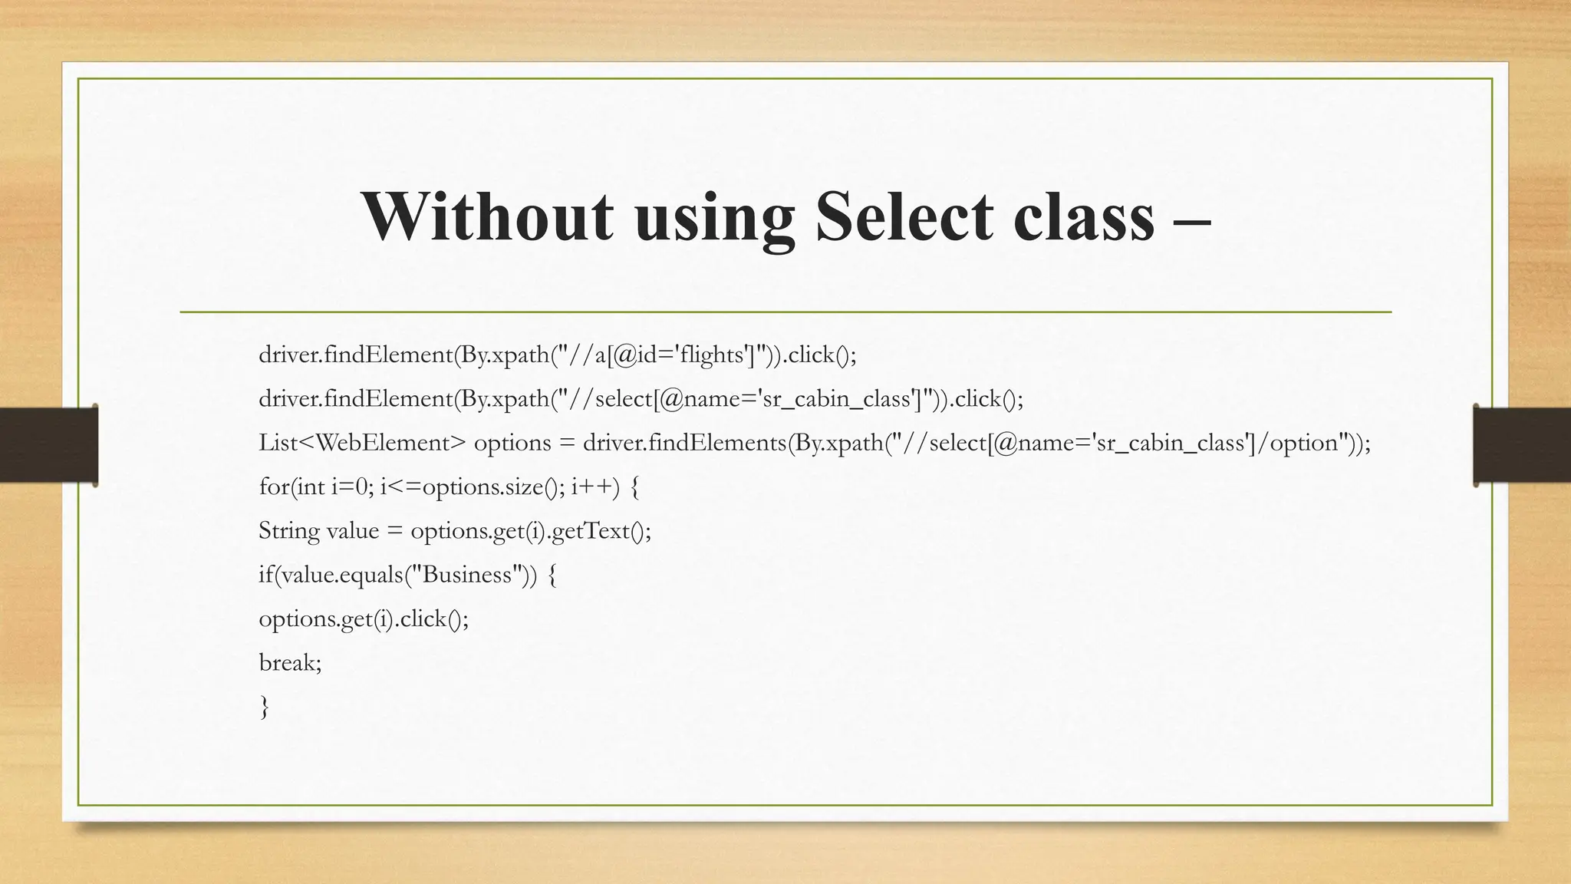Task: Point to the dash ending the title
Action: [x=1192, y=219]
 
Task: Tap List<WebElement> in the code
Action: [x=362, y=443]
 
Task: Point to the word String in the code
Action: [x=288, y=531]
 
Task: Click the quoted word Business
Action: [x=467, y=575]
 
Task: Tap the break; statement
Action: [x=290, y=662]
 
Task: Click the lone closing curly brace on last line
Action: [x=265, y=707]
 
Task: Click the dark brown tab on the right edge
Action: [x=1523, y=445]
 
